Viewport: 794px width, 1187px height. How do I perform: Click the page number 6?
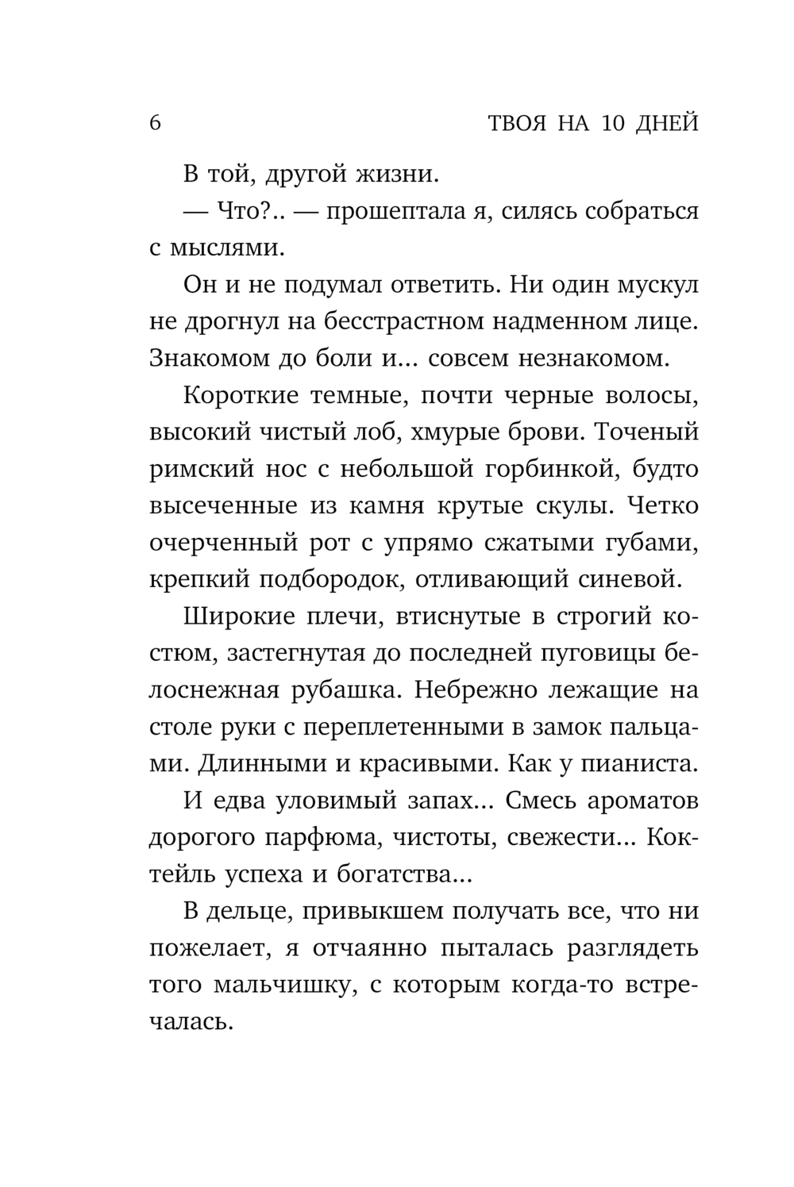pos(155,124)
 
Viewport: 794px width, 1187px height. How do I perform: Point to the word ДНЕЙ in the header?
pos(669,124)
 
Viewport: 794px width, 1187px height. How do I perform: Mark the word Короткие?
pos(234,396)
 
